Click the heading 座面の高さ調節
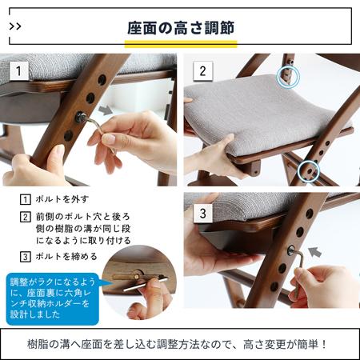click(x=181, y=28)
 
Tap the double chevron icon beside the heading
click(x=15, y=26)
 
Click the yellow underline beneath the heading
click(x=181, y=44)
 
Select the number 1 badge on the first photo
click(x=19, y=71)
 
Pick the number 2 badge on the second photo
click(x=202, y=71)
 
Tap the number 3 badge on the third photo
click(x=202, y=214)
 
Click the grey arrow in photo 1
click(x=106, y=110)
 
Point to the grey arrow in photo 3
click(x=314, y=252)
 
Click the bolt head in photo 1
click(x=80, y=117)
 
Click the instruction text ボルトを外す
click(x=62, y=199)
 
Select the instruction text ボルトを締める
click(x=66, y=257)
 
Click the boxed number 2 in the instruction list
click(x=26, y=217)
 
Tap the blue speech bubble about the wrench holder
click(x=52, y=298)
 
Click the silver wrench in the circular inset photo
click(x=146, y=284)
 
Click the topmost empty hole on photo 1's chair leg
click(x=102, y=80)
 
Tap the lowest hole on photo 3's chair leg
click(x=274, y=286)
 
